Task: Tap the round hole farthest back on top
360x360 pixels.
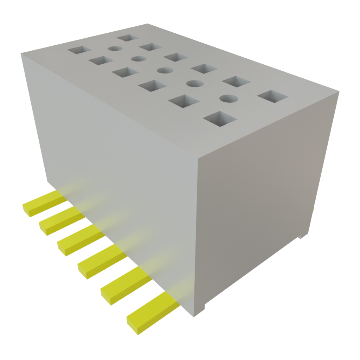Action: (x=115, y=49)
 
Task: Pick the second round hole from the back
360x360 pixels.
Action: (x=138, y=59)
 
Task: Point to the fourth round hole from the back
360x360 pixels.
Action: (x=194, y=83)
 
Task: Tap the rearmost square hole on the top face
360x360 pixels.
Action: (x=129, y=38)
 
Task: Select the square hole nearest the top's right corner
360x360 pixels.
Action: (x=273, y=96)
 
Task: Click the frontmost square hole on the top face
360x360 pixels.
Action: (x=220, y=118)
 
